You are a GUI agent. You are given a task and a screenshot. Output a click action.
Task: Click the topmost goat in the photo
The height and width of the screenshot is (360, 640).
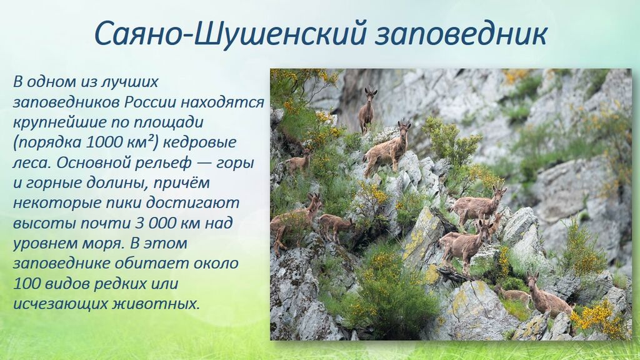367,110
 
